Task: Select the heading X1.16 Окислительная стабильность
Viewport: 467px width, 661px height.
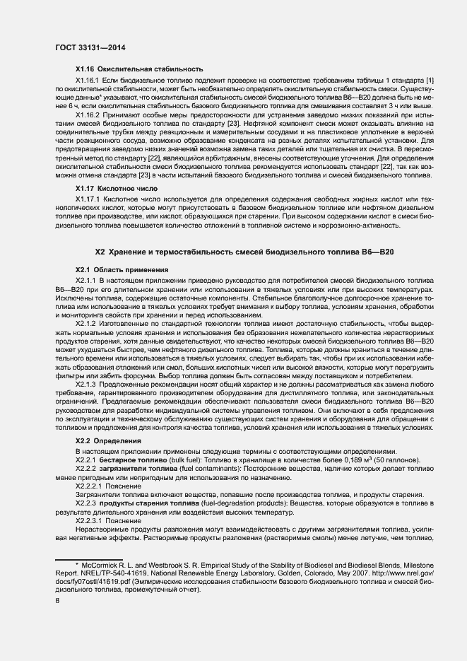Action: [139, 69]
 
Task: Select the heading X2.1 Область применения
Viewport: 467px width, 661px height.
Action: [122, 269]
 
